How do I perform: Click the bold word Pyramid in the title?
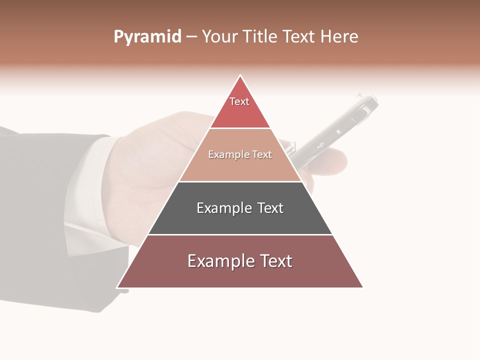147,36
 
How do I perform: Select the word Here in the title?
339,36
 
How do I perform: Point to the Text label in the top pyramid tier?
239,101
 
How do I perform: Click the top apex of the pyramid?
240,75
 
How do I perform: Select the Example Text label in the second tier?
240,154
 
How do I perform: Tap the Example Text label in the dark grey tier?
240,208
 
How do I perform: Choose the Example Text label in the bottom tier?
240,261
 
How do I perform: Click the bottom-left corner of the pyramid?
117,287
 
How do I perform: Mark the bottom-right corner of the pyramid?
362,287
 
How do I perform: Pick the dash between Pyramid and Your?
191,36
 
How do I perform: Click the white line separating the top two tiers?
240,128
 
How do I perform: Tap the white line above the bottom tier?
240,234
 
